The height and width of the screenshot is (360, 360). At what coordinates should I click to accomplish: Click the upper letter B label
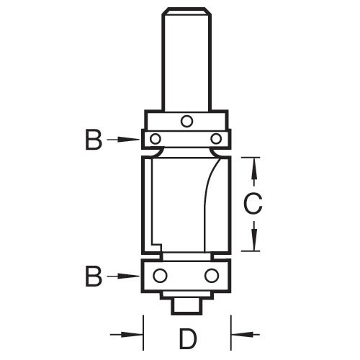coord(93,140)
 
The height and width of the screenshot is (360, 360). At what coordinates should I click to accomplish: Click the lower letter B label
coord(93,275)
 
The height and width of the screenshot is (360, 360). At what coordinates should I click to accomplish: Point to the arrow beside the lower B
coord(125,275)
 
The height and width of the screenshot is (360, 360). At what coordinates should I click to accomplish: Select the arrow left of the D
coord(127,333)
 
